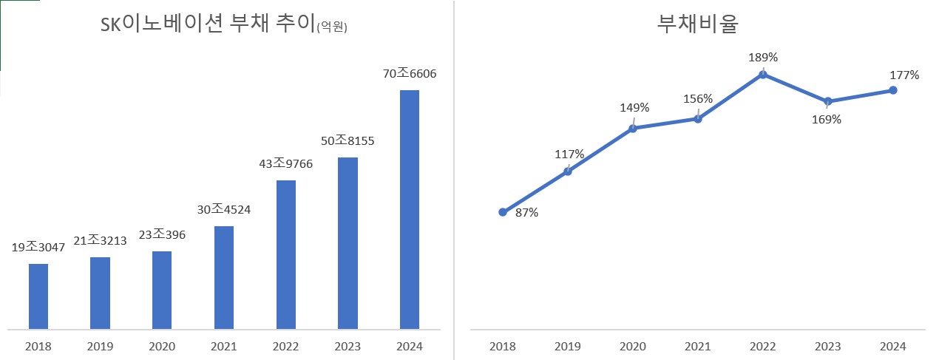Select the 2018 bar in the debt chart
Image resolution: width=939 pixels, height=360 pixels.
[38, 296]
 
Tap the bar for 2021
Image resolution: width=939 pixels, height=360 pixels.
[224, 277]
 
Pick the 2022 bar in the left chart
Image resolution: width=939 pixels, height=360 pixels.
[285, 254]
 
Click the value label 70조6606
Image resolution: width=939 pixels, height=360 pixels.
[409, 74]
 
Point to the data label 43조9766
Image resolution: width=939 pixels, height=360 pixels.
[285, 164]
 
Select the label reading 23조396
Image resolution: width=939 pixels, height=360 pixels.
[161, 235]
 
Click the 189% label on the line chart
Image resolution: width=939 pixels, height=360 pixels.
[763, 57]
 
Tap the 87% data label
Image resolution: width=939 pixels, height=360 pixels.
[526, 213]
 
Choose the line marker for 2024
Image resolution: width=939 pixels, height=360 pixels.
[893, 90]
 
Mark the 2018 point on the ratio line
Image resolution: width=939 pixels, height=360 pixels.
[503, 212]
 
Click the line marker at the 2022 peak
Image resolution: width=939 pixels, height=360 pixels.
[763, 74]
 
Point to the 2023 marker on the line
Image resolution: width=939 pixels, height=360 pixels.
[828, 101]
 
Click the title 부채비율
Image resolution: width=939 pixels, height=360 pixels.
[697, 24]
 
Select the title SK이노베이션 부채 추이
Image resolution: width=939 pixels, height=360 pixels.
[207, 26]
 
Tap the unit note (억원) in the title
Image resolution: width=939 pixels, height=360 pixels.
[331, 28]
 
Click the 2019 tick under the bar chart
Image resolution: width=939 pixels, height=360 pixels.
[100, 346]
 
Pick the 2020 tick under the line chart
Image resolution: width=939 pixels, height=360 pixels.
[633, 346]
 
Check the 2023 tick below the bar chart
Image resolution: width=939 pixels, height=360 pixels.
[348, 346]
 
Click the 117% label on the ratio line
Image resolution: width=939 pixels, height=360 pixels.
[569, 154]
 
